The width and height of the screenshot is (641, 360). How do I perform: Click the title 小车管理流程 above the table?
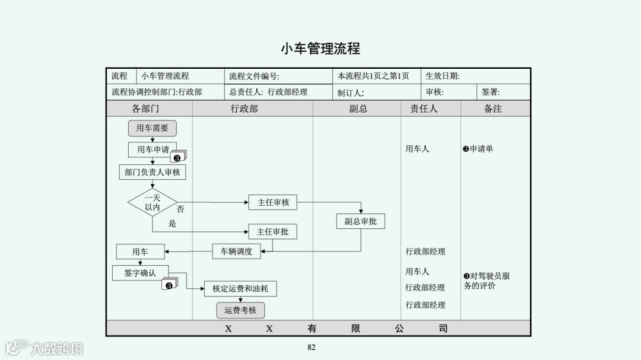[320, 49]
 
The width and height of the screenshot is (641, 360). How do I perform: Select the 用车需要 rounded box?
[152, 128]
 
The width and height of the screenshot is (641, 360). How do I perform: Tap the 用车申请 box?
[152, 149]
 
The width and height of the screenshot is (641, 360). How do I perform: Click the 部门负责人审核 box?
[152, 172]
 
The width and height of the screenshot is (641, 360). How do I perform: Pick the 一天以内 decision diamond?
[153, 202]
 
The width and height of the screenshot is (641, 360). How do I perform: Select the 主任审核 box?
[273, 202]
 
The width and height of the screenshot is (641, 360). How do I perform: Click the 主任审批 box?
[272, 232]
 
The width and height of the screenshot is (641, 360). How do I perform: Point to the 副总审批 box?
[360, 221]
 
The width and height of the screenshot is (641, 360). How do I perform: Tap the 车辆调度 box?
[236, 251]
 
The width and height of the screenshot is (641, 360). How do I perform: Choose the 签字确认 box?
[140, 273]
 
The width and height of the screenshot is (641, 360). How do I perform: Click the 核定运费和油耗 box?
[240, 289]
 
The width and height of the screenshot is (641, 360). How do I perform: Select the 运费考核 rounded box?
[240, 310]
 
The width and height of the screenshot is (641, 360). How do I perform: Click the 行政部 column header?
[245, 109]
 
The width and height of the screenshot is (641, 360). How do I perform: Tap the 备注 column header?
[493, 109]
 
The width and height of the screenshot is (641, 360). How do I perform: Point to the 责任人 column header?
[424, 109]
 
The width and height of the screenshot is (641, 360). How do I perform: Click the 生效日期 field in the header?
[443, 76]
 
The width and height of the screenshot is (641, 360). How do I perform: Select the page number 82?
[312, 348]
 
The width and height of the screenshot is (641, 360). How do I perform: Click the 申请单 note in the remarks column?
[478, 149]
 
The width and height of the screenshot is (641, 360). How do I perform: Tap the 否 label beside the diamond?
[180, 209]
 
